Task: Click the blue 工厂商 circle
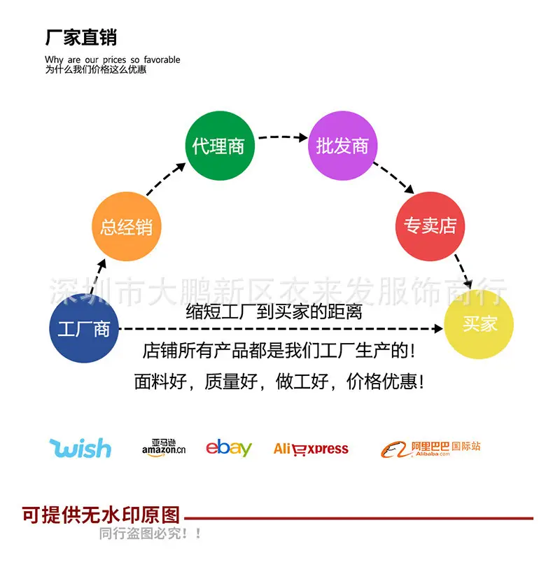tap(84, 328)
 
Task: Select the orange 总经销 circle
tap(126, 227)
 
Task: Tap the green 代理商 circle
tap(220, 146)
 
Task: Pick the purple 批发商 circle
tap(342, 146)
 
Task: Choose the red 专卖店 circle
tap(430, 227)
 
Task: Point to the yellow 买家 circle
tap(479, 324)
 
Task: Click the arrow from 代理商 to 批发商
tap(283, 137)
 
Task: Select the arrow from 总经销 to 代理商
tap(166, 179)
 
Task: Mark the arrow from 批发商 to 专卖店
tap(394, 178)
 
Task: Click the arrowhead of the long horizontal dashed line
tap(438, 328)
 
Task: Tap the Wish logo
tap(80, 448)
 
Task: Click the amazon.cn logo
tap(164, 447)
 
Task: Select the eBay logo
tap(229, 447)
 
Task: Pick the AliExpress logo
tap(311, 449)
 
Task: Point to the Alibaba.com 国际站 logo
tap(430, 449)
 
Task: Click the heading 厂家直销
tap(81, 37)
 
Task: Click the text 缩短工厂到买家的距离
tap(274, 312)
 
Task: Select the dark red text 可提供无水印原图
tap(101, 515)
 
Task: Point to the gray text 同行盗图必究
tap(143, 533)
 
